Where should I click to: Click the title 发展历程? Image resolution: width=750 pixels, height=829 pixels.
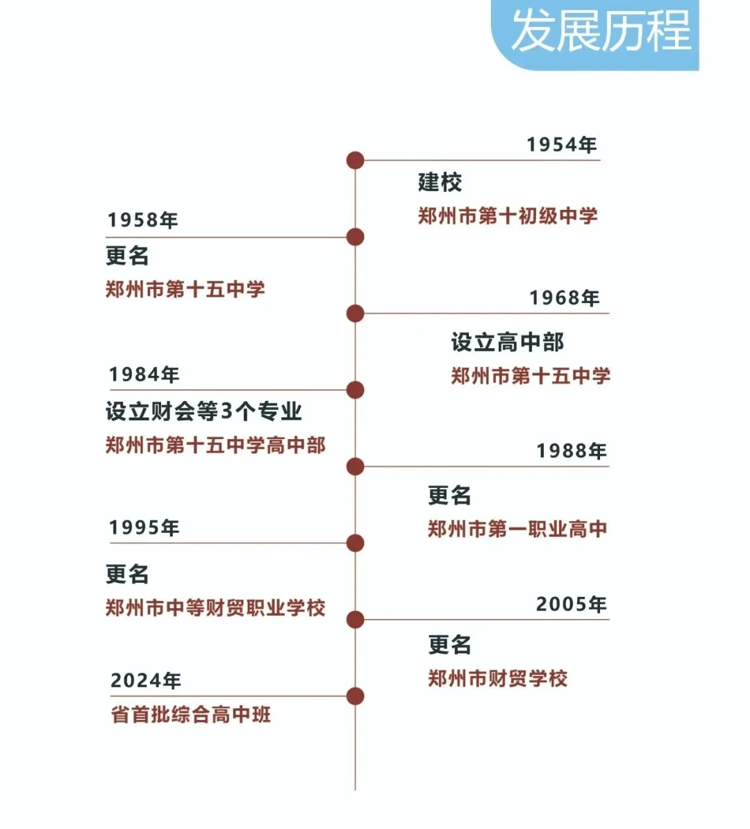(601, 31)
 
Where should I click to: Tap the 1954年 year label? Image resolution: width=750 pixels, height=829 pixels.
(561, 145)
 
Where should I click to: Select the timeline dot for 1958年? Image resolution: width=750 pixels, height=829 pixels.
(355, 237)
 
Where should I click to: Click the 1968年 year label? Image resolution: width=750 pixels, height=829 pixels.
(564, 298)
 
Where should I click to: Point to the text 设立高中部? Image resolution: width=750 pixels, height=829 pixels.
(507, 342)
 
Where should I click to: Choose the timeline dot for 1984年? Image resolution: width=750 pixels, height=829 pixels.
(355, 390)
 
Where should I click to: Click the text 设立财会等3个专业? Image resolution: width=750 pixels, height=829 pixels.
(203, 411)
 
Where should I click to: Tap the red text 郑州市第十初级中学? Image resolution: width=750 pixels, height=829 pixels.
(507, 216)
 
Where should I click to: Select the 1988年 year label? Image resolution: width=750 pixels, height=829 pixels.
(571, 451)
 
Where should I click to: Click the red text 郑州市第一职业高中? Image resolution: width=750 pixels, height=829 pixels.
(517, 530)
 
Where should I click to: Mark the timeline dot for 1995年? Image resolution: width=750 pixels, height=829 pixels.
(355, 543)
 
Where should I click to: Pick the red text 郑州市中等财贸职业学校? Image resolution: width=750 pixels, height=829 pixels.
(215, 608)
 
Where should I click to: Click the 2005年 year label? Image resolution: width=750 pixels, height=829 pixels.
(571, 605)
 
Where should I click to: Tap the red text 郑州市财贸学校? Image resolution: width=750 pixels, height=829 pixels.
(497, 678)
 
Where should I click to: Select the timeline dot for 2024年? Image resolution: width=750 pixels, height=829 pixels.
(355, 696)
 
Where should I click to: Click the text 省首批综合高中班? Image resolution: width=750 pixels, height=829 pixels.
(190, 714)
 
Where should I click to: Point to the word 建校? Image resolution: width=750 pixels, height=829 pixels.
(440, 183)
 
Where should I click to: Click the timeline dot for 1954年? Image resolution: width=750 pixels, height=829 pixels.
(355, 161)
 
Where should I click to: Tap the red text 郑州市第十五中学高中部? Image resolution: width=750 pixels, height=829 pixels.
(215, 445)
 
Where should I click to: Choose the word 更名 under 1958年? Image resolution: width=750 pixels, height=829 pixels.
(127, 256)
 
